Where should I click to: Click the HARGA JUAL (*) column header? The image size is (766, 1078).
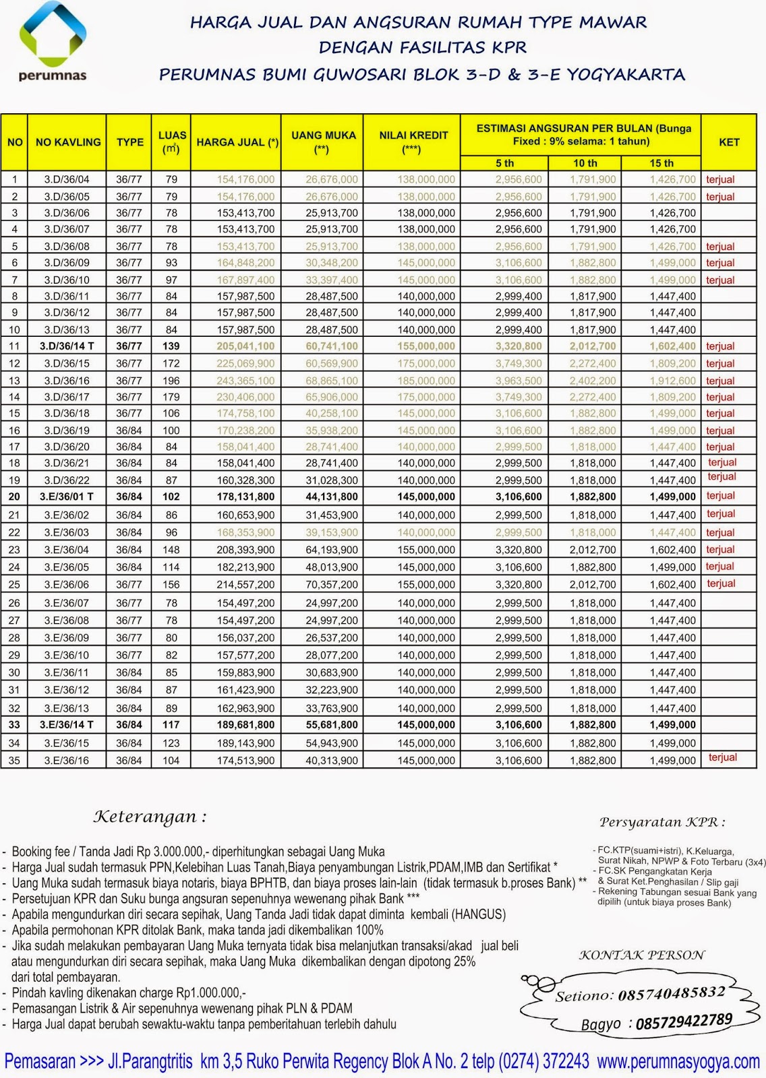237,142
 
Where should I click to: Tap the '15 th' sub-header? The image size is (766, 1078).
661,163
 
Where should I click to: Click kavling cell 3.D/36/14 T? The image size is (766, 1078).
67,346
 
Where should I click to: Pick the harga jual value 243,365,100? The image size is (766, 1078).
245,381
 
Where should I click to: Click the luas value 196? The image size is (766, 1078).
171,381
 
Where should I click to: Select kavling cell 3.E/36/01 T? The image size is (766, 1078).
67,497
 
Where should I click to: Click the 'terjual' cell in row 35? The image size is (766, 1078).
722,757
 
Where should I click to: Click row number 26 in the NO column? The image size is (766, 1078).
14,603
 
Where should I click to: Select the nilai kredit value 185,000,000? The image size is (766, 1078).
425,381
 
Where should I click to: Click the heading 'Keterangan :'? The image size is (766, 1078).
150,817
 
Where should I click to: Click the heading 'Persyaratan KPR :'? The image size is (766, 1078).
661,822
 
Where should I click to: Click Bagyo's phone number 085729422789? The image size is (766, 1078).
683,1021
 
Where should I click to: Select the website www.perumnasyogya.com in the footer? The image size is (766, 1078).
678,1063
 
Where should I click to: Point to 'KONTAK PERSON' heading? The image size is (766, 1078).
641,955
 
